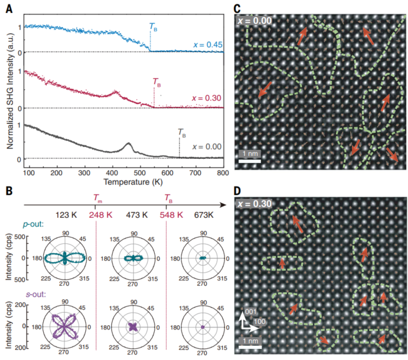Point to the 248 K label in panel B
point(97,215)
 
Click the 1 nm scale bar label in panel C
point(249,153)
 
